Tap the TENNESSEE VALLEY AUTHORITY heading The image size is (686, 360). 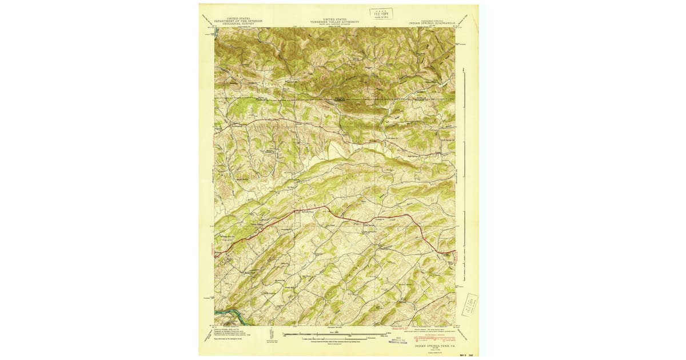334,22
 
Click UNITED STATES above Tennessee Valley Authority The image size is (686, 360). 334,18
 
